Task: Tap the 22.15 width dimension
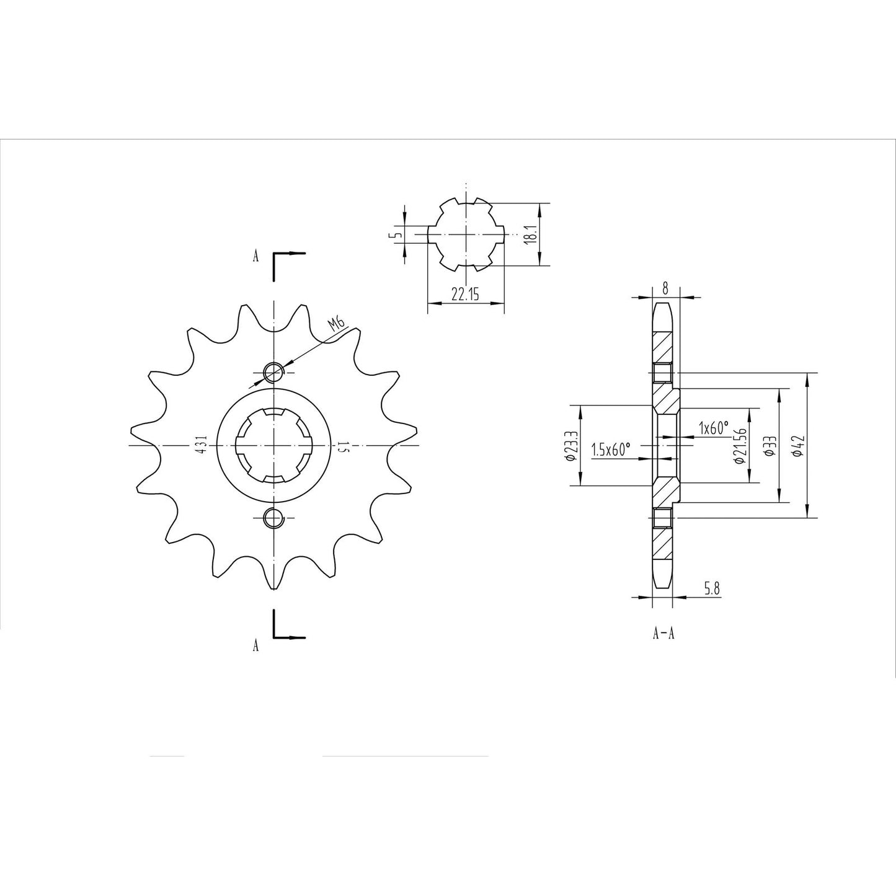click(x=464, y=295)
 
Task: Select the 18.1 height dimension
click(x=530, y=234)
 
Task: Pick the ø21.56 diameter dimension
click(x=739, y=445)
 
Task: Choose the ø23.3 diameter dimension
click(x=572, y=445)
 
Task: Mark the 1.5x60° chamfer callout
click(x=611, y=449)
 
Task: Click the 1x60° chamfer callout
click(x=713, y=428)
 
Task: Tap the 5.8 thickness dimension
click(x=712, y=588)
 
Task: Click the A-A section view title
click(x=663, y=633)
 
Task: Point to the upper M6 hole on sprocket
click(x=273, y=372)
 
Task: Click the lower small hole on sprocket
click(x=273, y=517)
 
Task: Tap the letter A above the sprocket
click(x=255, y=257)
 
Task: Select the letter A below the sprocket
click(x=255, y=645)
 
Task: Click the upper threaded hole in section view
click(x=662, y=373)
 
